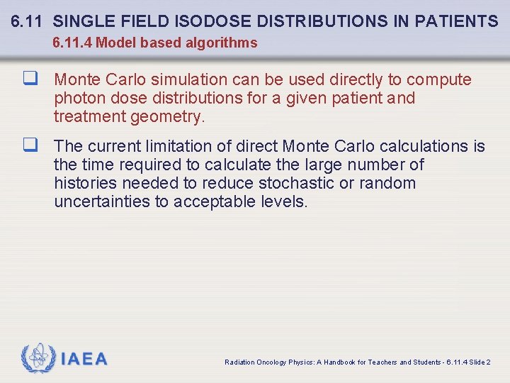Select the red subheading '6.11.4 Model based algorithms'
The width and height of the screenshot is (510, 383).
(155, 43)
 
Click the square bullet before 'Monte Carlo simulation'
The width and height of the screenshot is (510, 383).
(30, 78)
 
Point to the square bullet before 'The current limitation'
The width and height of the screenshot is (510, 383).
(30, 145)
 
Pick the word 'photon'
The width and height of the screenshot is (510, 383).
(78, 98)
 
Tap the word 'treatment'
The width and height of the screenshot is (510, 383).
(87, 116)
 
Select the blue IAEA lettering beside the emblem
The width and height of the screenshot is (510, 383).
(84, 360)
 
